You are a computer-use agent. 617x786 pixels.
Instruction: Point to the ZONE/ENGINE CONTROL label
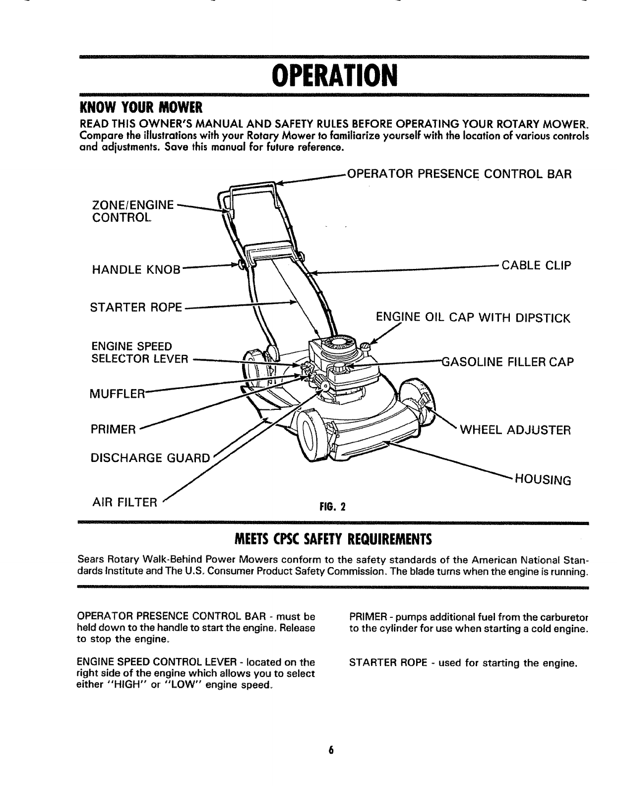pyautogui.click(x=133, y=211)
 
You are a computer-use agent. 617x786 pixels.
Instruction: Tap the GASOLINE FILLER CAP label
pyautogui.click(x=507, y=361)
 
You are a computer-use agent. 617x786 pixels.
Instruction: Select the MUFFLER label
pyautogui.click(x=117, y=394)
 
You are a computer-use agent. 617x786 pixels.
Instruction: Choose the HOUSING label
pyautogui.click(x=543, y=480)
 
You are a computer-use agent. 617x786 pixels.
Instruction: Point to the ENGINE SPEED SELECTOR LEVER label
pyautogui.click(x=132, y=352)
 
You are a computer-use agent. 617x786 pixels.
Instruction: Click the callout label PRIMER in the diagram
pyautogui.click(x=113, y=429)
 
